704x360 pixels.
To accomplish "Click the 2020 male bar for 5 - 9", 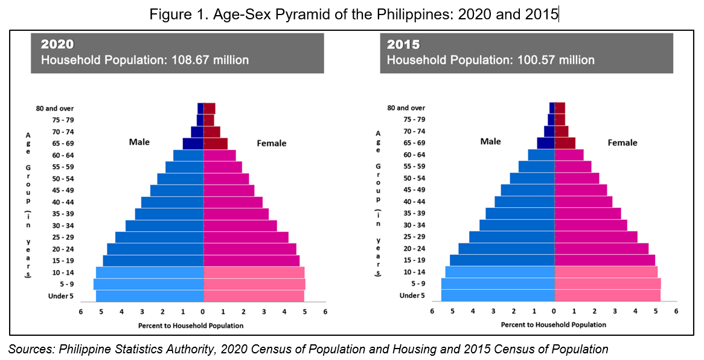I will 149,284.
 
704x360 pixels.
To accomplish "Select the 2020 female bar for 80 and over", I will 209,109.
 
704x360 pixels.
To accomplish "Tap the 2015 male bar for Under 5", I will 498,295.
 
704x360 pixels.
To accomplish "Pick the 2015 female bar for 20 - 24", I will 601,248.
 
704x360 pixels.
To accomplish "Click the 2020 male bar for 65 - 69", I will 193,144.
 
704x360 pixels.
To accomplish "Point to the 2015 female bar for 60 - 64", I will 569,155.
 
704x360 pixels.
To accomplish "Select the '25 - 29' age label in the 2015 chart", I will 414,237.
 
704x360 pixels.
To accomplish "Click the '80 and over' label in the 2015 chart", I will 406,108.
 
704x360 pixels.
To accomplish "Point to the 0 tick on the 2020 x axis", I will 203,312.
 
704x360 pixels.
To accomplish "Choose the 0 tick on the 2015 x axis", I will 554,312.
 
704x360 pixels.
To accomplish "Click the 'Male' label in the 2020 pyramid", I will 139,142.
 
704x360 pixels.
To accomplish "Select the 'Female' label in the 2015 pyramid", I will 622,143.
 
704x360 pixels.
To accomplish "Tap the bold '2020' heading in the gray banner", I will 57,45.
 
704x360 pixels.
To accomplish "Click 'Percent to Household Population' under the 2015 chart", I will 553,325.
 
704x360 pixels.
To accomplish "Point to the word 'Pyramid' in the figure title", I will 283,14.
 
